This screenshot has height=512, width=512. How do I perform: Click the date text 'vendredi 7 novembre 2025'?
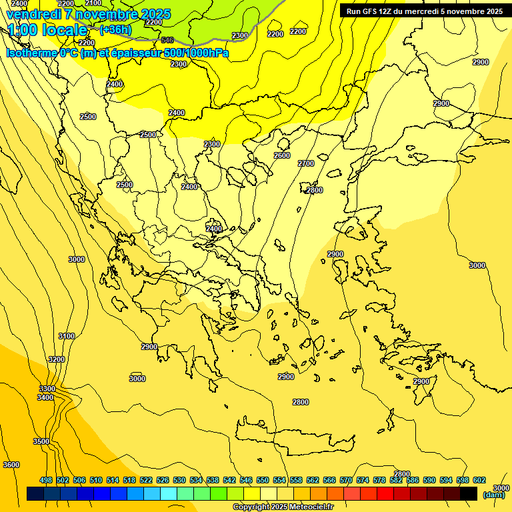pos(88,14)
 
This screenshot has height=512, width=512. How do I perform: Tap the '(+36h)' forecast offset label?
pos(115,30)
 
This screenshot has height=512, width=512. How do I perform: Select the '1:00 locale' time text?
pos(47,30)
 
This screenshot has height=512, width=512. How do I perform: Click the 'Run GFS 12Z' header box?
pos(425,11)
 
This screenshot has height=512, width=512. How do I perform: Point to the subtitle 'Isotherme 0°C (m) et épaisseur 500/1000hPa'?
pos(117,53)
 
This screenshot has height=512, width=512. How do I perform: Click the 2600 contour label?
pos(282,155)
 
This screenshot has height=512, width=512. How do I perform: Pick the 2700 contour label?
pos(306,163)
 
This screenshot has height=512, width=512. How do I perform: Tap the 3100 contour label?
pos(67,337)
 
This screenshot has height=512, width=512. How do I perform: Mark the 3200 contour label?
pos(57,359)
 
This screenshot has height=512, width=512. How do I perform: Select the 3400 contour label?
pos(45,397)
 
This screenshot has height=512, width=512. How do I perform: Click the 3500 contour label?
pos(41,441)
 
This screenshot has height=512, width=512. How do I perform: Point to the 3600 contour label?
pos(11,465)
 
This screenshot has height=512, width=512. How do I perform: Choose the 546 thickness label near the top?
pos(167,40)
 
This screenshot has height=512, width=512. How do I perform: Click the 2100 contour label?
pos(93,3)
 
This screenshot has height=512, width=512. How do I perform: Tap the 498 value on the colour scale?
pos(46,480)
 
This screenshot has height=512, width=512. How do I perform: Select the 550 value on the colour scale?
pos(263,480)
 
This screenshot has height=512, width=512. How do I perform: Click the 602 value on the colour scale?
pos(479,480)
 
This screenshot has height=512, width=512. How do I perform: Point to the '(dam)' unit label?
pos(494,495)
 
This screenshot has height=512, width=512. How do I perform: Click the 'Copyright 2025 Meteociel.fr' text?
pos(283,507)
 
